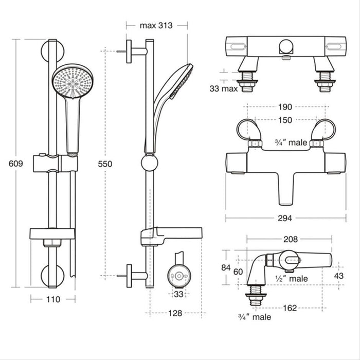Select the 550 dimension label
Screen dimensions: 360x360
(104, 164)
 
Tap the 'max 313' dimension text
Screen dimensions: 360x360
(156, 25)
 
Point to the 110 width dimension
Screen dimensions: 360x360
(53, 299)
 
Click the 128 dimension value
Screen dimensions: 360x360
(175, 313)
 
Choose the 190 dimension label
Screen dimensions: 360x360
(285, 107)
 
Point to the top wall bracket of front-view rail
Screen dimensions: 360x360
(51, 50)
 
